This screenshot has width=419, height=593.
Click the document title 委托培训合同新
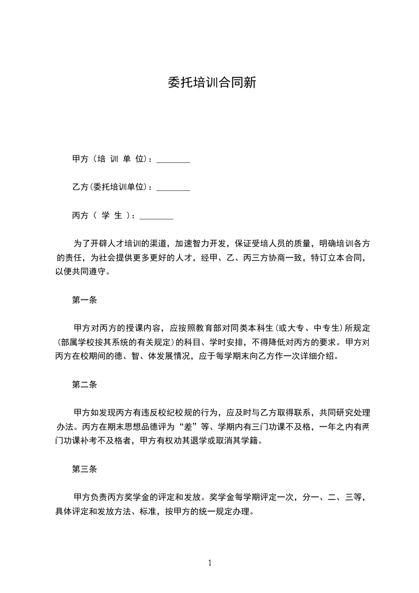coord(211,83)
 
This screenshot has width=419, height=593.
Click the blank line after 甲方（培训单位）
coord(173,160)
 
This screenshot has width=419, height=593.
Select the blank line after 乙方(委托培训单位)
coord(173,188)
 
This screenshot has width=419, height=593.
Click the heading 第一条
coord(85,300)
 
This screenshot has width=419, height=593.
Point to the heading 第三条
coord(85,469)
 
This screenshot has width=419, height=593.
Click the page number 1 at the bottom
coord(210,562)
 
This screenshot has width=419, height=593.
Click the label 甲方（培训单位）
coord(111,159)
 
